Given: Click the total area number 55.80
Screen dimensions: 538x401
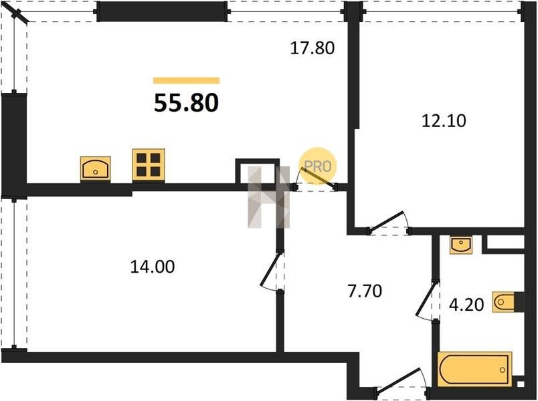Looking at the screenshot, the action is click(x=186, y=103).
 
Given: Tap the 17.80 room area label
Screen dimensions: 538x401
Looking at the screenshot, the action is click(x=312, y=48).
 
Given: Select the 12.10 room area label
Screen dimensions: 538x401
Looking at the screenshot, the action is click(x=444, y=121).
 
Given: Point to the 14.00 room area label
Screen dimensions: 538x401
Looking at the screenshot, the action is click(x=153, y=267).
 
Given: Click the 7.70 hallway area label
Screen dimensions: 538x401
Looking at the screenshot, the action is click(x=365, y=291).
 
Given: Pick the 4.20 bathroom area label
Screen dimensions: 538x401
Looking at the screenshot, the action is click(x=466, y=304).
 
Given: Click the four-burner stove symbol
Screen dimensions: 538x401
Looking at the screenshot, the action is click(x=149, y=165).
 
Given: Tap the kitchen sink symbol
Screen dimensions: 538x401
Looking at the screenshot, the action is click(x=96, y=168).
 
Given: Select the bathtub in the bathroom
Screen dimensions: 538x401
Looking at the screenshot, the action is click(x=475, y=369).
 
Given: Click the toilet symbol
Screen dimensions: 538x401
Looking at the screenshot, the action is click(x=503, y=302).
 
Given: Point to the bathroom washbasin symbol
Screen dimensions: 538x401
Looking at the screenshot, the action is click(x=461, y=245).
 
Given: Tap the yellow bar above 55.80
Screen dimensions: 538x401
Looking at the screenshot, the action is click(x=186, y=81).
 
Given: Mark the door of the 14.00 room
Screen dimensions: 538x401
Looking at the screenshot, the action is click(x=272, y=271).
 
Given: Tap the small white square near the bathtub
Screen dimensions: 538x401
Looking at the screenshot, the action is click(x=521, y=384).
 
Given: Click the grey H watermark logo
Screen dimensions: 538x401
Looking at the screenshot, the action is click(x=268, y=197).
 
